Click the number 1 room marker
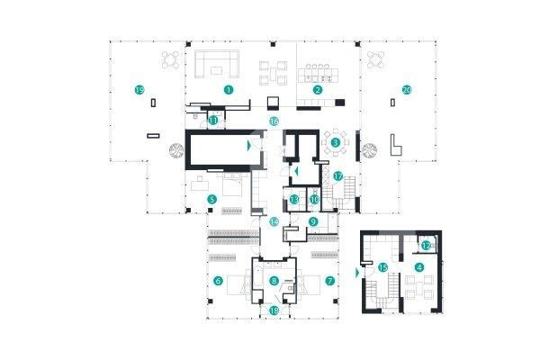coord(229,90)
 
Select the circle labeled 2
coord(317,90)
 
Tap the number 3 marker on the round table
coord(335,141)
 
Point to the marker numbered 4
coord(418,267)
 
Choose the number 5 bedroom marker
coord(212,199)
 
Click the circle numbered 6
coord(218,281)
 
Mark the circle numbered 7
coord(330,281)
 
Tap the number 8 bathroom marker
coord(274,281)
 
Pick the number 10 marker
coord(315,199)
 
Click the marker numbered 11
coord(213,119)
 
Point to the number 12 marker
coord(427,245)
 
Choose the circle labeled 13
coord(294,199)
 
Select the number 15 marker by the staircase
coord(382,267)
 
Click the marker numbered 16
coord(274,119)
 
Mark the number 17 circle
coord(338,176)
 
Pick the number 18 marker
coord(274,310)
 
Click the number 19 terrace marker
coord(139,90)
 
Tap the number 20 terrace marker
coord(407,90)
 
